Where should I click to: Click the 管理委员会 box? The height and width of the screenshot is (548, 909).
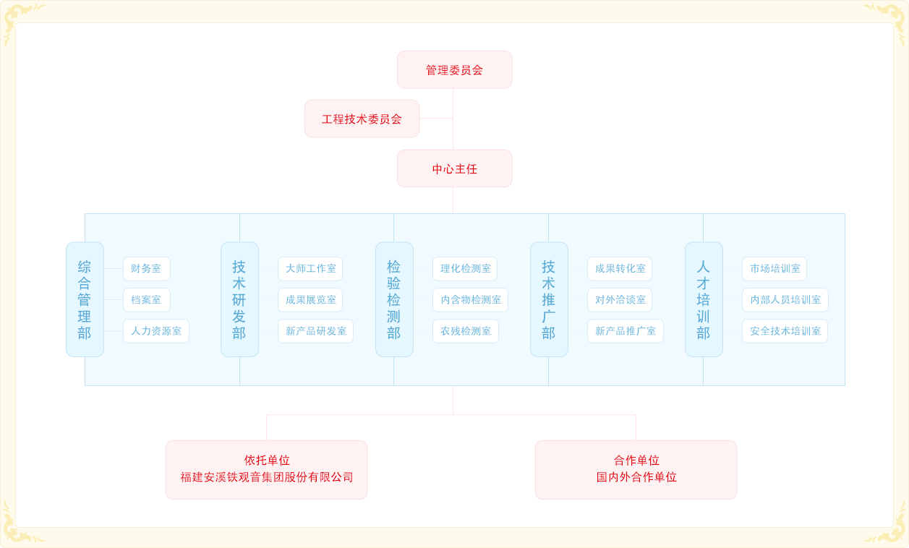coord(454,70)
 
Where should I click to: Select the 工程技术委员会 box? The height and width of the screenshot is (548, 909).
coord(362,119)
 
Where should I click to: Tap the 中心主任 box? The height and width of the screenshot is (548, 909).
coord(454,169)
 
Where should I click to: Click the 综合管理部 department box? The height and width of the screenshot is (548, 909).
coord(85,299)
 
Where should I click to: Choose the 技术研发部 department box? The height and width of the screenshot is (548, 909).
coord(239,299)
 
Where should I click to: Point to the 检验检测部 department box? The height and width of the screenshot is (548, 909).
coord(394,299)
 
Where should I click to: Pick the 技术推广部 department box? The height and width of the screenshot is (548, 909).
coord(549,299)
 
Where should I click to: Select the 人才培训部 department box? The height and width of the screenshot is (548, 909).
coord(704,299)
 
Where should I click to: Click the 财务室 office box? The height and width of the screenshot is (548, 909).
coord(146,269)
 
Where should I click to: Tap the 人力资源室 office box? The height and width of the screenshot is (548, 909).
coord(156,331)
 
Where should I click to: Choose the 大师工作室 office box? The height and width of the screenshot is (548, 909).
coord(310,269)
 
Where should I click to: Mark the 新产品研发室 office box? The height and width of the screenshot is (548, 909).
coord(315,331)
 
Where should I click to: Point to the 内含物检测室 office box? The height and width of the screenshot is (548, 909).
coord(470,300)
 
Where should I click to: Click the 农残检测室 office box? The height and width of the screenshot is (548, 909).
coord(466,331)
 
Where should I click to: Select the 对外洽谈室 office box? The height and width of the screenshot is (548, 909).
coord(620,300)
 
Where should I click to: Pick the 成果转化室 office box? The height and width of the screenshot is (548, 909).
coord(620,269)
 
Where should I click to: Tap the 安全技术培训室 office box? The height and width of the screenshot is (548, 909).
coord(785,331)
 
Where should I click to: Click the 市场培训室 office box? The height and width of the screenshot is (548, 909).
coord(774,269)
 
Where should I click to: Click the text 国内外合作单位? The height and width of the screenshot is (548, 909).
coord(636,478)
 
